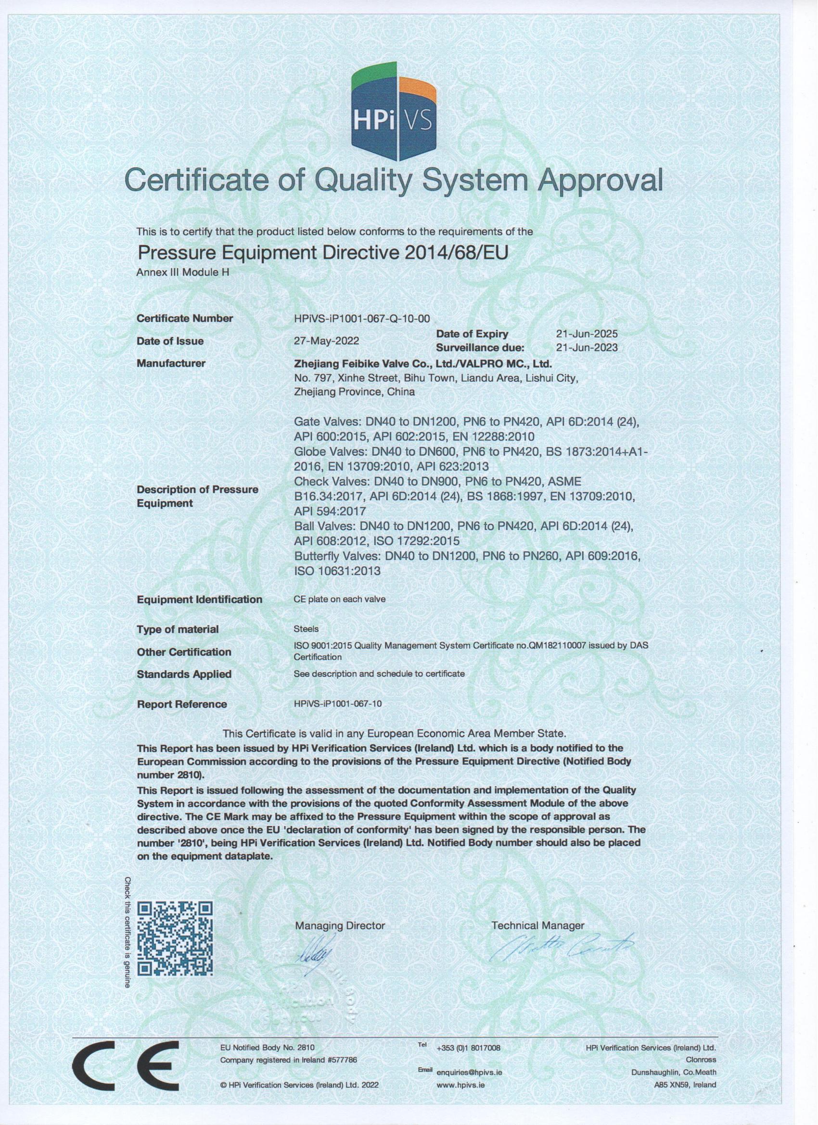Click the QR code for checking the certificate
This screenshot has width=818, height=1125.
point(176,924)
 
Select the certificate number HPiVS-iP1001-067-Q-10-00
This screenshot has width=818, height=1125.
point(362,318)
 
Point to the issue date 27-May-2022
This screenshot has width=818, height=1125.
point(327,341)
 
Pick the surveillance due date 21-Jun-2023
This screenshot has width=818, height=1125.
point(587,347)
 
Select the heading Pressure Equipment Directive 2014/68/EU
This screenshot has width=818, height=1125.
point(323,253)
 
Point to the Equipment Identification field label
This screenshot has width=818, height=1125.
point(200,599)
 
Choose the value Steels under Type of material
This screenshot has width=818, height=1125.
point(306,629)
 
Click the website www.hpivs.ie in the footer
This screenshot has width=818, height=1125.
point(460,1085)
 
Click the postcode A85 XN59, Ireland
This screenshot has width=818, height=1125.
point(685,1085)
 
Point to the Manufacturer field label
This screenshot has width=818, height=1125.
point(171,363)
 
